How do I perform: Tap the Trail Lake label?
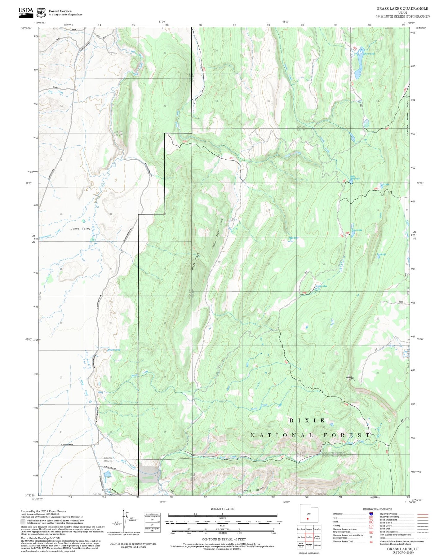[x=384, y=184]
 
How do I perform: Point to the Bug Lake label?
[x=381, y=254]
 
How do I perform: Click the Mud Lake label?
[x=293, y=238]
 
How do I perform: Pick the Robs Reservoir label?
[x=355, y=178]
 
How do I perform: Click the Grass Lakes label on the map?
[x=321, y=286]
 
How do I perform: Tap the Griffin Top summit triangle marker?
[x=354, y=380]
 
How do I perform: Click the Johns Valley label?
[x=81, y=228]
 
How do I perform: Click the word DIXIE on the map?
[x=307, y=420]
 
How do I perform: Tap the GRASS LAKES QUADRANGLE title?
[x=402, y=9]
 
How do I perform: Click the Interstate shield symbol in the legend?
[x=371, y=514]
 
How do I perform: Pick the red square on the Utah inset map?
[x=308, y=518]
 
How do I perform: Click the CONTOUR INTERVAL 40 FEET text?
[x=224, y=539]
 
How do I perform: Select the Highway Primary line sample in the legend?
[x=423, y=514]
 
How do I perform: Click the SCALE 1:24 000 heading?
[x=222, y=509]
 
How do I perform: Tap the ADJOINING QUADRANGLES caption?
[x=309, y=553]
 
